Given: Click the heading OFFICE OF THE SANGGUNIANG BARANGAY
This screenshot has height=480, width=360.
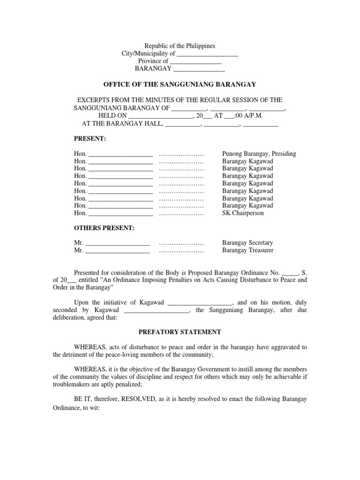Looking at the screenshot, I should click(x=180, y=84).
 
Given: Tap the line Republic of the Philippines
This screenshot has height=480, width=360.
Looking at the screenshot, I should click(x=180, y=46).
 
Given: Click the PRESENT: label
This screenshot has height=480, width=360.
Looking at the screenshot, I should click(x=90, y=139).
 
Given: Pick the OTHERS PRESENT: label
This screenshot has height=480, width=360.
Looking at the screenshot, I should click(x=104, y=228).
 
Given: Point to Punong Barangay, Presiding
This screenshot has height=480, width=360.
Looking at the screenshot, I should click(x=259, y=154).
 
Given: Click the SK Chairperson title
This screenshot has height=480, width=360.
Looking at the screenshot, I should click(x=243, y=213).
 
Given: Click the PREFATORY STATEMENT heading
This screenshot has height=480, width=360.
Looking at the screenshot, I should click(x=180, y=332).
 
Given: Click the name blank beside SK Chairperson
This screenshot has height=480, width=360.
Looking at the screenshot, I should click(x=120, y=214).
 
